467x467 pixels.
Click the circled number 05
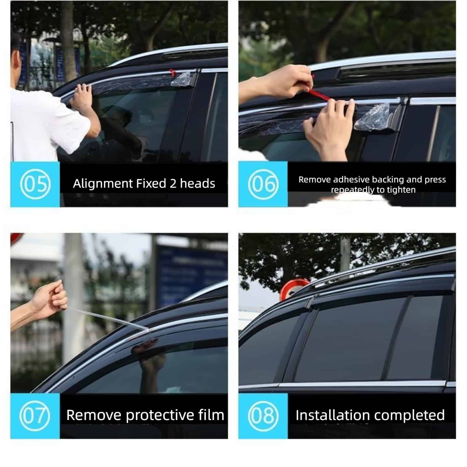click(35, 184)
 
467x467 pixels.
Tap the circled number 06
click(263, 184)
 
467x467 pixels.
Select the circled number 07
click(35, 416)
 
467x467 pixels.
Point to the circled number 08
click(263, 416)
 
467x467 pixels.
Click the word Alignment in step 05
click(103, 184)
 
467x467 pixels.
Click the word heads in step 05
click(198, 184)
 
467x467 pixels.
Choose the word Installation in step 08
click(329, 415)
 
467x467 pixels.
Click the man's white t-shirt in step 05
click(44, 126)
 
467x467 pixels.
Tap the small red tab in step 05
click(172, 72)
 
